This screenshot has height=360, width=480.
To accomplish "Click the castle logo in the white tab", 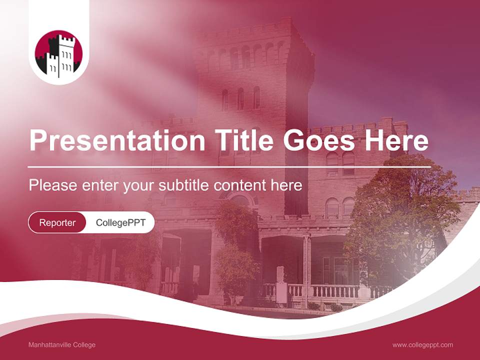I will pyautogui.click(x=58, y=55).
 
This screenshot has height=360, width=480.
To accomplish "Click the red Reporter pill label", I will pyautogui.click(x=57, y=222).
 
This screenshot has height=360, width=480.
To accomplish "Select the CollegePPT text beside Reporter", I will pyautogui.click(x=120, y=222).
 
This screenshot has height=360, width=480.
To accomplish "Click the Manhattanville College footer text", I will pyautogui.click(x=62, y=345).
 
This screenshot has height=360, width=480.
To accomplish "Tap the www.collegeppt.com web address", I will pyautogui.click(x=422, y=345).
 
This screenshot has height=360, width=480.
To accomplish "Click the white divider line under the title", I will pyautogui.click(x=229, y=166).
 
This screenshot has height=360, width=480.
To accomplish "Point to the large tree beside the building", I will pyautogui.click(x=400, y=210).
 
